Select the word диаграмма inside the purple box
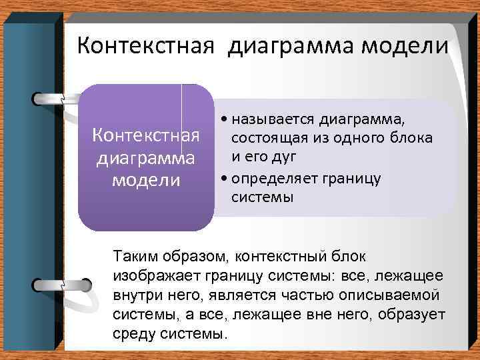[x=146, y=159]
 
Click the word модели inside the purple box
[x=146, y=181]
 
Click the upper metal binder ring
[x=60, y=98]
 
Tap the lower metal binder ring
[x=60, y=284]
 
